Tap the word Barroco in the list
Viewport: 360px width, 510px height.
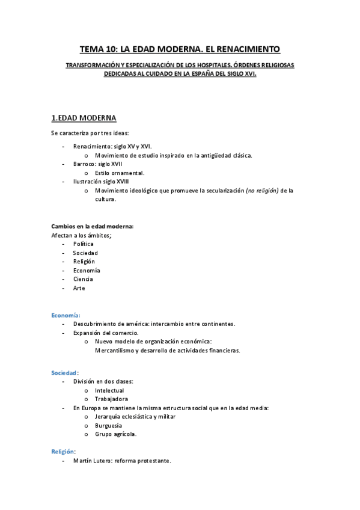pyautogui.click(x=84, y=164)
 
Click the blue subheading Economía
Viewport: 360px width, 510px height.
pyautogui.click(x=65, y=315)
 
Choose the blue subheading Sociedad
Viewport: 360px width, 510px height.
pyautogui.click(x=64, y=373)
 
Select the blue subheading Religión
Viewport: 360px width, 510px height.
pyautogui.click(x=63, y=450)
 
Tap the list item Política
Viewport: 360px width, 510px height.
pyautogui.click(x=83, y=244)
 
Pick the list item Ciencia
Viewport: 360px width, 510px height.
pyautogui.click(x=83, y=279)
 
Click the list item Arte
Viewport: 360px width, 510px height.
pyautogui.click(x=79, y=288)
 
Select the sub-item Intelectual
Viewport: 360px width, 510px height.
pyautogui.click(x=109, y=390)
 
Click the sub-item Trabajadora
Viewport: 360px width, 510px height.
pyautogui.click(x=111, y=399)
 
